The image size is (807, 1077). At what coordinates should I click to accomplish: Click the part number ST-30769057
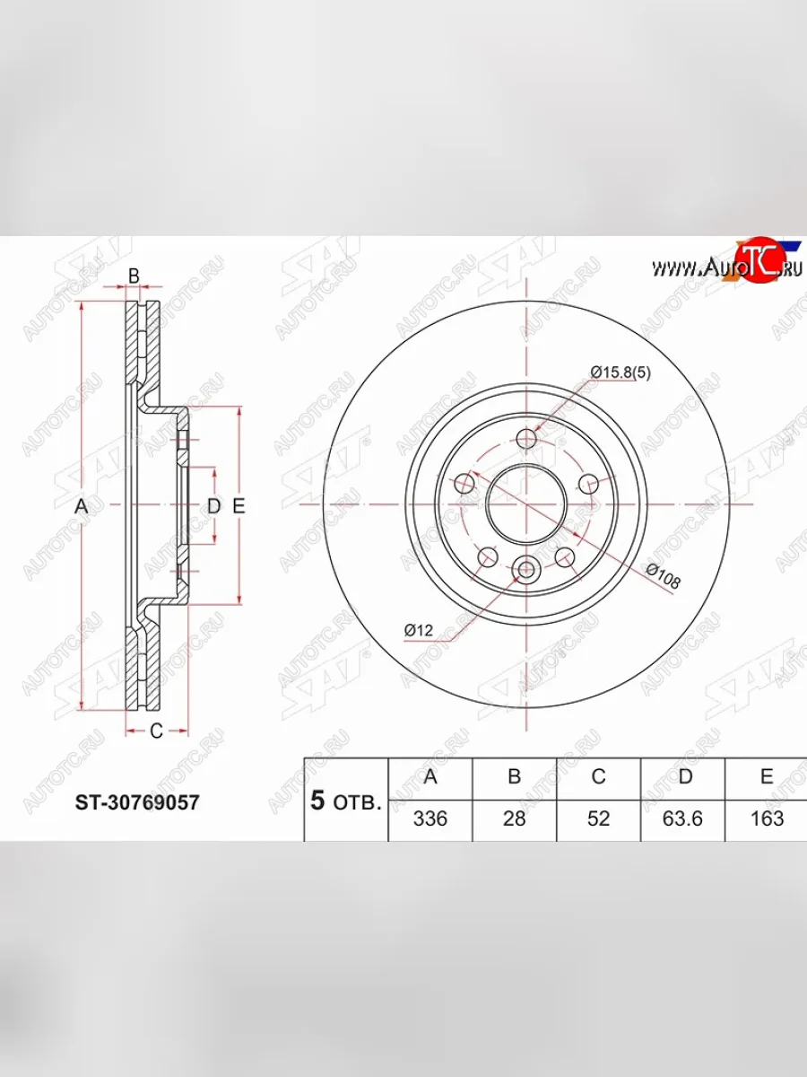click(x=136, y=801)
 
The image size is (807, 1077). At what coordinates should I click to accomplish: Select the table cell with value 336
click(x=430, y=819)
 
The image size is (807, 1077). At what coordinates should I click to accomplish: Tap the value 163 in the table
click(x=766, y=819)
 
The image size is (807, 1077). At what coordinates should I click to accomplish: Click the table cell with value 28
click(x=514, y=819)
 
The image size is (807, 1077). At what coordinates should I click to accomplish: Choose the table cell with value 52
click(x=598, y=819)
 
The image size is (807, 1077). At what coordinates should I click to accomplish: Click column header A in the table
click(x=430, y=776)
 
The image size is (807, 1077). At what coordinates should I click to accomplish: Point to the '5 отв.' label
click(x=346, y=801)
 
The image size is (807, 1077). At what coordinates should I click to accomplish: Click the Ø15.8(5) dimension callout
click(x=620, y=372)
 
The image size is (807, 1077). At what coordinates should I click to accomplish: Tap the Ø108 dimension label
click(x=663, y=578)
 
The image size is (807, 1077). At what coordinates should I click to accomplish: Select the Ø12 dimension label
click(x=418, y=631)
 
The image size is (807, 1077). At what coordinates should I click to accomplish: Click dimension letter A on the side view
click(x=81, y=506)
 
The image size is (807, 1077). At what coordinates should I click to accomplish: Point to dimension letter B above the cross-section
click(x=134, y=276)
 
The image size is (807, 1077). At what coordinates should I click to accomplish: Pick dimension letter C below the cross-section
click(x=155, y=731)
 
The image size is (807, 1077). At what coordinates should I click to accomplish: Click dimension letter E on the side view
click(x=239, y=506)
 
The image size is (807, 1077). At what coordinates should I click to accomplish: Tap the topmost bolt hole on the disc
click(x=526, y=439)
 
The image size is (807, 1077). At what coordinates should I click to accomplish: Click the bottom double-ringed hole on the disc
click(x=526, y=568)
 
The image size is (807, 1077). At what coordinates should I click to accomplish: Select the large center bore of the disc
click(x=526, y=504)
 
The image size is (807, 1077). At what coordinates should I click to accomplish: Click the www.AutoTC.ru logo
click(x=726, y=266)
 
